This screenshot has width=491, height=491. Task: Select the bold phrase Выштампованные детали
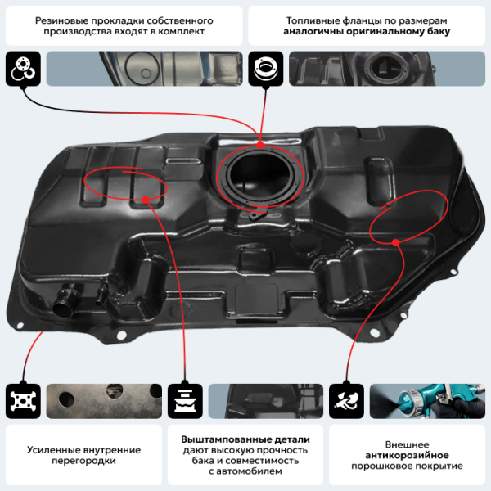[245, 439]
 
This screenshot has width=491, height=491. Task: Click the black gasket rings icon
[22, 70]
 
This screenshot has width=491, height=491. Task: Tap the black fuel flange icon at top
[265, 70]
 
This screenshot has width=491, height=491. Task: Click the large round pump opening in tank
[261, 173]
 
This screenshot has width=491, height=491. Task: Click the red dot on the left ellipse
[145, 199]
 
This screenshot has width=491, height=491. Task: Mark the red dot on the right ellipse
[395, 241]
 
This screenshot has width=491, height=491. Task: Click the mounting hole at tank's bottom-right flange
[379, 331]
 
